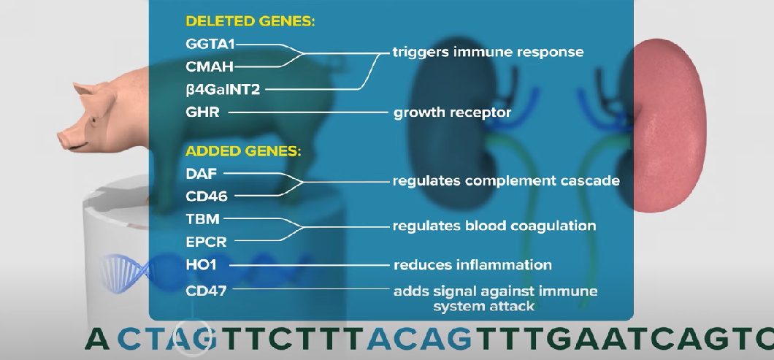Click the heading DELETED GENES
[x=250, y=21]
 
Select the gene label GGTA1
[x=211, y=43]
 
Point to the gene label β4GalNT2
[x=223, y=90]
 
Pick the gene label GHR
[x=203, y=112]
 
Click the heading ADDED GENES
[x=243, y=152]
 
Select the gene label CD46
[x=207, y=196]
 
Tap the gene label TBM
[x=203, y=218]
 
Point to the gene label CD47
[x=207, y=291]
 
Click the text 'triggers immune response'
[x=488, y=53]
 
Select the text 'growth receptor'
[x=452, y=113]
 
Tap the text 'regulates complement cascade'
[x=506, y=180]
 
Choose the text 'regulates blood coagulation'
[x=494, y=226]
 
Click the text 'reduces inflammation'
[x=472, y=264]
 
